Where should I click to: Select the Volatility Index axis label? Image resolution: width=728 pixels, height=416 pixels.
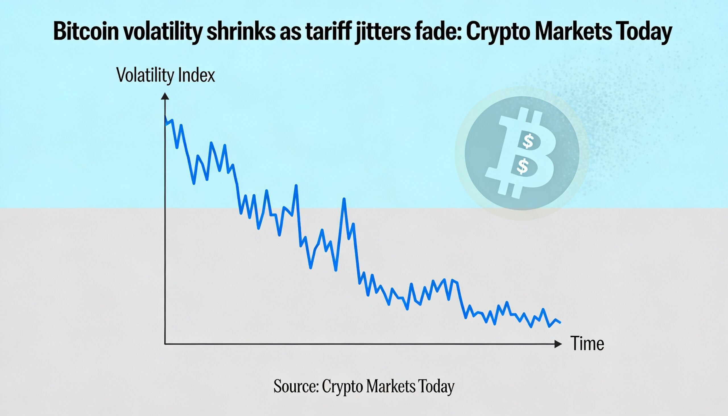166,75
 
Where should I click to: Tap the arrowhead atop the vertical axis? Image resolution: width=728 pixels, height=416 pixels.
165,96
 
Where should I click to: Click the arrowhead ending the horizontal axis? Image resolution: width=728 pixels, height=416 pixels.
558,344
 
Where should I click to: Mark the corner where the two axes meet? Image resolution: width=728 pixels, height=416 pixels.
165,344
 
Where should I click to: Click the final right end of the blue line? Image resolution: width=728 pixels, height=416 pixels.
561,322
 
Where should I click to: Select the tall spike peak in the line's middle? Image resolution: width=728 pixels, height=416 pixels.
344,199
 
